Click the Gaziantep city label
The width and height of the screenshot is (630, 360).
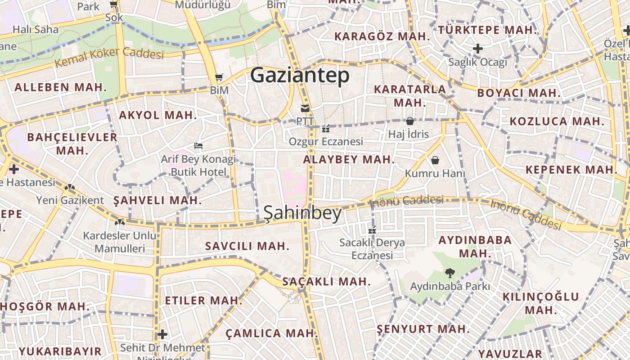tap(300, 75)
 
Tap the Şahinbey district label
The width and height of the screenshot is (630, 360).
tap(303, 213)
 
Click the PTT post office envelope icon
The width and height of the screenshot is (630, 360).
tap(306, 108)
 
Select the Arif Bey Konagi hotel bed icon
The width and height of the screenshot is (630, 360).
tap(198, 146)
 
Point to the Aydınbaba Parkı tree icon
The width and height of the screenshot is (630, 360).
tap(449, 273)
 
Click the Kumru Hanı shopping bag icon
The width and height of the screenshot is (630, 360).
tap(435, 160)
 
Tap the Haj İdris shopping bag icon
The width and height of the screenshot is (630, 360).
tap(409, 121)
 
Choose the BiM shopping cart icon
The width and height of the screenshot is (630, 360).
tap(219, 77)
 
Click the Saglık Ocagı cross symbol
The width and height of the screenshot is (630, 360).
tap(478, 49)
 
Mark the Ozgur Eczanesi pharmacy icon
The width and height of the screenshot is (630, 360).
tap(326, 129)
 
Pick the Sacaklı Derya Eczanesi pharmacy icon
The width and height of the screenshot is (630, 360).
tap(372, 230)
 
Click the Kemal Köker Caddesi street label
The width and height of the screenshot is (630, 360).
tap(109, 57)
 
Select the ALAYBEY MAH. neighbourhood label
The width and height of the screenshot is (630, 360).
tap(349, 159)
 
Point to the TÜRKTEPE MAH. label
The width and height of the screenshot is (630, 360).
tap(488, 30)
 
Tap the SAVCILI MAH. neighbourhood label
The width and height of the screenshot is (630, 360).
tap(247, 246)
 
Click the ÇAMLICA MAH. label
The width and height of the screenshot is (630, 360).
tap(272, 333)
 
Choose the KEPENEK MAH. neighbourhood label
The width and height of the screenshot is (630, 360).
tap(571, 170)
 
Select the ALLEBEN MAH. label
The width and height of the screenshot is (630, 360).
tap(61, 87)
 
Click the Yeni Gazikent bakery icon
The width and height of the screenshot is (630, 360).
tap(69, 187)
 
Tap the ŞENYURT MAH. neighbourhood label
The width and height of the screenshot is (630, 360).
tap(423, 329)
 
